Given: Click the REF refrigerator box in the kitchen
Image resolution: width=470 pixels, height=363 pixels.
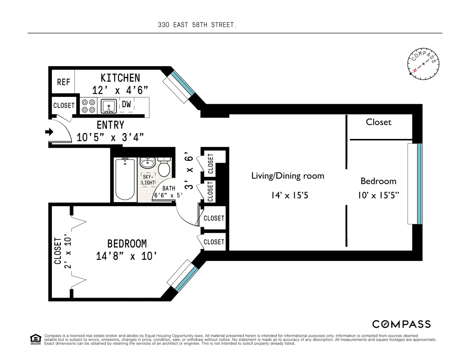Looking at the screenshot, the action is pyautogui.click(x=63, y=82).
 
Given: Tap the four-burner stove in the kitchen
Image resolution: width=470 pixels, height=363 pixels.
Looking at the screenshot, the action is pyautogui.click(x=89, y=106).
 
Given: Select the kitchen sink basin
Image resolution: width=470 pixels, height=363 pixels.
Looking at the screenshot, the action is pyautogui.click(x=109, y=106).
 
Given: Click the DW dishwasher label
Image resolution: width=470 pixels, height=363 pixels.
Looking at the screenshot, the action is pyautogui.click(x=126, y=104).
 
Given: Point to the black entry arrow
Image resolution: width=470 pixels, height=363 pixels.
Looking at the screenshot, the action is pyautogui.click(x=49, y=132).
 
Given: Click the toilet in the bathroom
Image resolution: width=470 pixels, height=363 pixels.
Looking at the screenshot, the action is pyautogui.click(x=164, y=167).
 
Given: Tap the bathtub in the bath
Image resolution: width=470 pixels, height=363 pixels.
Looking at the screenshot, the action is pyautogui.click(x=125, y=179).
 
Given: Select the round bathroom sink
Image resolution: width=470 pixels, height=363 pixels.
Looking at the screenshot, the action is pyautogui.click(x=147, y=163).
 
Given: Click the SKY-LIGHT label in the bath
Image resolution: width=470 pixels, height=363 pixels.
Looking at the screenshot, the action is pyautogui.click(x=148, y=180).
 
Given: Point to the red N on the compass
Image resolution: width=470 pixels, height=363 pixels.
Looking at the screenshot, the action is pyautogui.click(x=415, y=70).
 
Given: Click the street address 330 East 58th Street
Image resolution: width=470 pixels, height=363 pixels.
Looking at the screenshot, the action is pyautogui.click(x=196, y=25).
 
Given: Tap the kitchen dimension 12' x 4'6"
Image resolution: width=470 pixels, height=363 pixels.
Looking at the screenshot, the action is pyautogui.click(x=120, y=90).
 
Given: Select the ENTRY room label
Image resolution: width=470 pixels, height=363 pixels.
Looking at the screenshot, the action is pyautogui.click(x=110, y=125).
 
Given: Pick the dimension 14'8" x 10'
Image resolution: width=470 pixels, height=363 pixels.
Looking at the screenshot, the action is pyautogui.click(x=126, y=256).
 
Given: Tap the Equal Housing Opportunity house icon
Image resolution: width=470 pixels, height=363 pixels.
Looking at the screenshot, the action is pyautogui.click(x=36, y=339).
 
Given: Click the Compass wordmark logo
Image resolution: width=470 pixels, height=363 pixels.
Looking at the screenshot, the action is pyautogui.click(x=401, y=324).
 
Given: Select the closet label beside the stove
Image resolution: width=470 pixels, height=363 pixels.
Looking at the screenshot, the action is pyautogui.click(x=64, y=105).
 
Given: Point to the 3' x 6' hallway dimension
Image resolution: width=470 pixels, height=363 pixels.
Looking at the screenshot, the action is pyautogui.click(x=189, y=171).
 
